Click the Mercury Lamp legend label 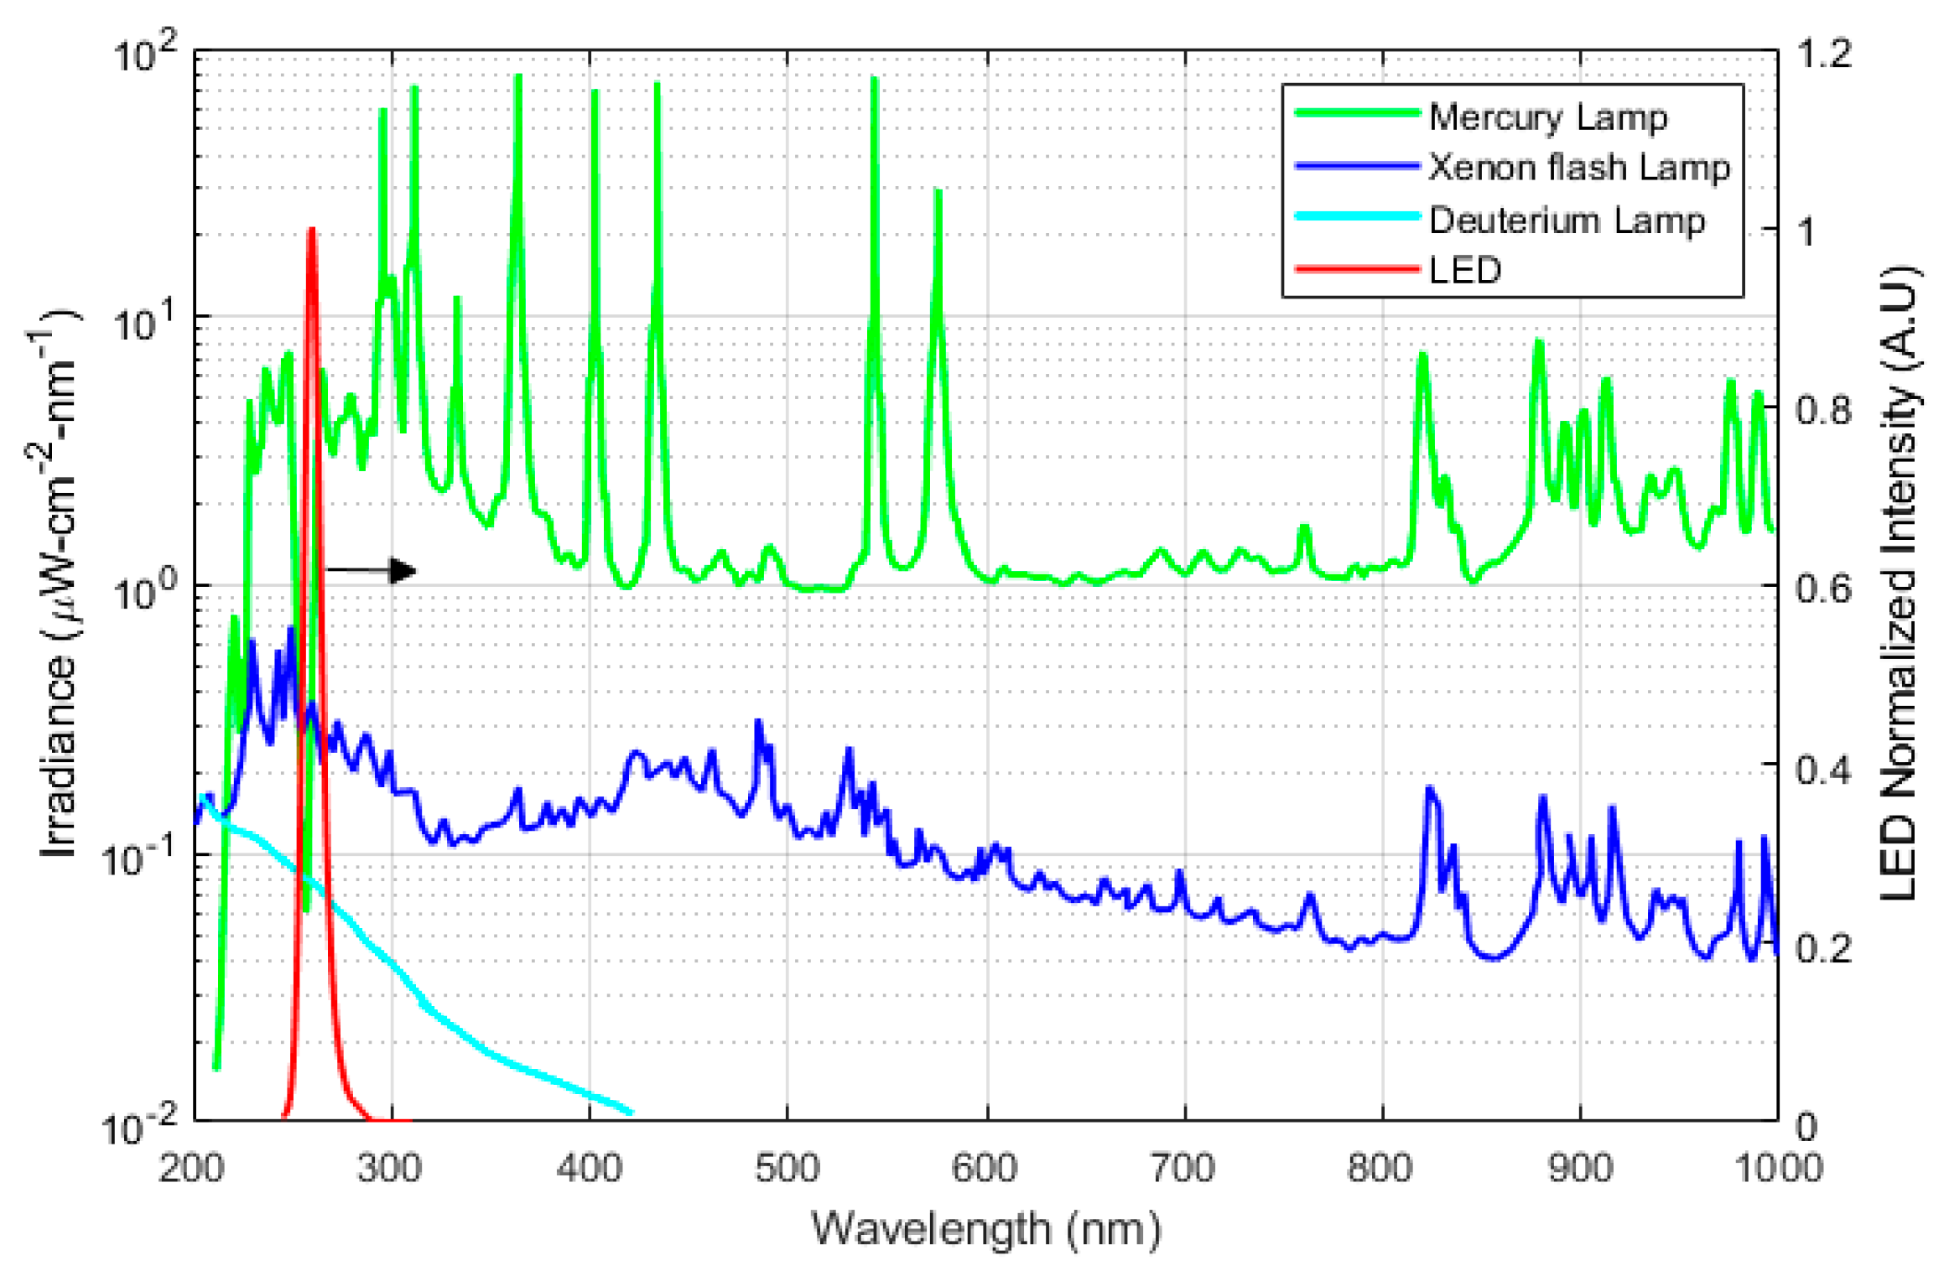(1547, 117)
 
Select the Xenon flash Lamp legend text (1578, 168)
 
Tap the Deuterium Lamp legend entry (1567, 220)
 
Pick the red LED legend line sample (1356, 270)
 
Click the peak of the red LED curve (312, 231)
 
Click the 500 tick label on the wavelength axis (787, 1168)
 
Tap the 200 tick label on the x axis (192, 1168)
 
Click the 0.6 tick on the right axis (1823, 588)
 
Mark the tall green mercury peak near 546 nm (874, 80)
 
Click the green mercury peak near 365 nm (518, 78)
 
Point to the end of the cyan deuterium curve (631, 1113)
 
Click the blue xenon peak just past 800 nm (1429, 790)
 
